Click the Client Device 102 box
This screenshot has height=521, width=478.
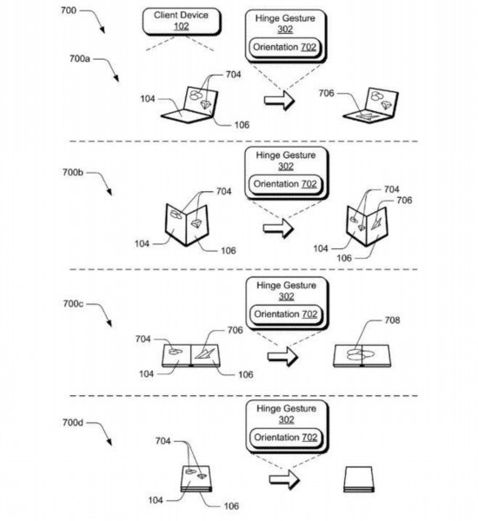tap(182, 21)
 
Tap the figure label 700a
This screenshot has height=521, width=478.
tap(79, 59)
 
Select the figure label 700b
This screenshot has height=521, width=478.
tap(73, 173)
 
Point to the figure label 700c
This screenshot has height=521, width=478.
tap(73, 304)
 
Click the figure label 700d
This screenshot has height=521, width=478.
tap(73, 423)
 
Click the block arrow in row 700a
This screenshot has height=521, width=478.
tap(280, 100)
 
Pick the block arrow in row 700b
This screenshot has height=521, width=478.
tap(278, 228)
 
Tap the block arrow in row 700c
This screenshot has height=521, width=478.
tap(282, 357)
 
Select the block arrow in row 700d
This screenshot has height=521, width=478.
tap(284, 479)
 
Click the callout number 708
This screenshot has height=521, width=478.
tap(393, 320)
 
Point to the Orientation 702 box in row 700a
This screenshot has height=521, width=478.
tap(285, 47)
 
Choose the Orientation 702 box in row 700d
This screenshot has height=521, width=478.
tap(286, 438)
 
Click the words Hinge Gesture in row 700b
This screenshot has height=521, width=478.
tap(286, 155)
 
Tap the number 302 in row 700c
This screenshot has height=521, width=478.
tap(286, 296)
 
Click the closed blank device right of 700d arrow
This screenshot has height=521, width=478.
tap(358, 479)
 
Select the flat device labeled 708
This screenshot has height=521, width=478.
tap(362, 356)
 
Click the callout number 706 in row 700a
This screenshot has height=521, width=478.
tap(326, 94)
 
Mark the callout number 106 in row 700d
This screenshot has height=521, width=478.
tap(231, 506)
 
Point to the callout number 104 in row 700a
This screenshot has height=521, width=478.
tap(148, 99)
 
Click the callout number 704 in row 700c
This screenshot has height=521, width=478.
tap(143, 339)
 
